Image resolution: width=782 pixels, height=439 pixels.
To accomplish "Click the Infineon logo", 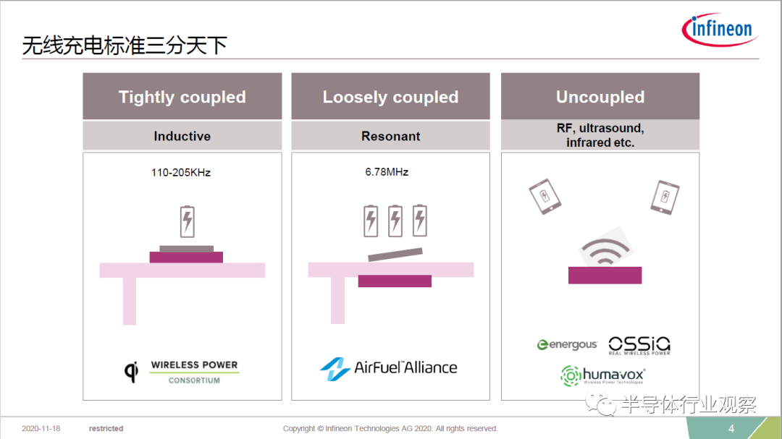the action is [720, 30].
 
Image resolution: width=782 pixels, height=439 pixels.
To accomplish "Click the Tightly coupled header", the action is [182, 97].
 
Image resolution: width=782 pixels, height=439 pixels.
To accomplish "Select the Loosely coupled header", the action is [390, 97].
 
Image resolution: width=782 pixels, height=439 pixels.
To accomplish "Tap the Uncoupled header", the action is [600, 97].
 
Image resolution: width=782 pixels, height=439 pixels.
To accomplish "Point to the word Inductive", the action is [182, 136].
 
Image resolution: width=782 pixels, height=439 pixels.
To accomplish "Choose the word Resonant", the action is [390, 136].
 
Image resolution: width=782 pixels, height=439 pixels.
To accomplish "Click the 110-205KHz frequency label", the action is [180, 172].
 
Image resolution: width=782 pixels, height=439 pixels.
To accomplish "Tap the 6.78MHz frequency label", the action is [387, 172].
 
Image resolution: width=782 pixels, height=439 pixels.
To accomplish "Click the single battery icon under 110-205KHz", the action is [187, 221].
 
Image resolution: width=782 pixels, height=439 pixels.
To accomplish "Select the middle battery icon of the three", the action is [395, 221].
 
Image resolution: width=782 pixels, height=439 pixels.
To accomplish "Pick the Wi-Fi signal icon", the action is [605, 250].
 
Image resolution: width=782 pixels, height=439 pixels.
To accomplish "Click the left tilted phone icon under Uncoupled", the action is [545, 196].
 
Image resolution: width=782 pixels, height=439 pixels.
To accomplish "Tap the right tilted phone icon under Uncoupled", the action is [665, 197].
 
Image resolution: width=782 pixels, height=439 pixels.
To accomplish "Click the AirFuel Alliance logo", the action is [389, 368].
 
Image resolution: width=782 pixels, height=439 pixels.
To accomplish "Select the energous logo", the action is [567, 344].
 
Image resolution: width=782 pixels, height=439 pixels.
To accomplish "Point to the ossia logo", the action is [639, 345].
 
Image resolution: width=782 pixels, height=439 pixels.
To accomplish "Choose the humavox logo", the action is [602, 376].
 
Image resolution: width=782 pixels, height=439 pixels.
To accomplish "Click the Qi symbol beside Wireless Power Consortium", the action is [131, 371].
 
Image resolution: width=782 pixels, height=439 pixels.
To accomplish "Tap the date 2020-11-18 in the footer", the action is [41, 429].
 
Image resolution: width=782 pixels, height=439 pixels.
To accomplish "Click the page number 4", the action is [731, 429].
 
